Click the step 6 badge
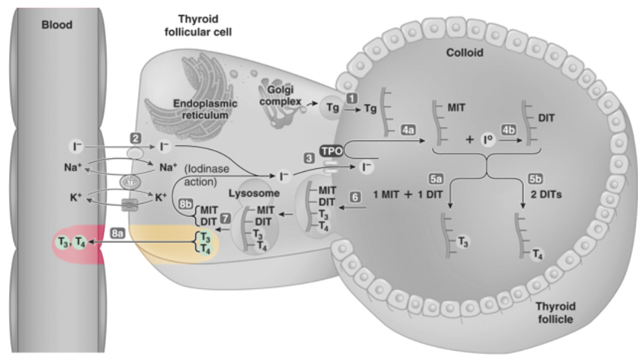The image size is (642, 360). coord(355,199)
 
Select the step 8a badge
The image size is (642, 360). coord(116,234)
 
